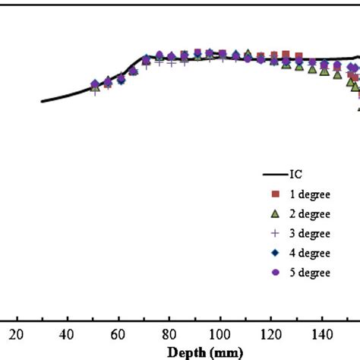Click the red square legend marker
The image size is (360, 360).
(275, 194)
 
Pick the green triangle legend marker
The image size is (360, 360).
(275, 213)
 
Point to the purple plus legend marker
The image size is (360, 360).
(275, 233)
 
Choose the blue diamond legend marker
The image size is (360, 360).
(275, 253)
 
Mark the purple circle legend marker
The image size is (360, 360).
(275, 272)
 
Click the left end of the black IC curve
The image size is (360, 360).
(42, 101)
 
